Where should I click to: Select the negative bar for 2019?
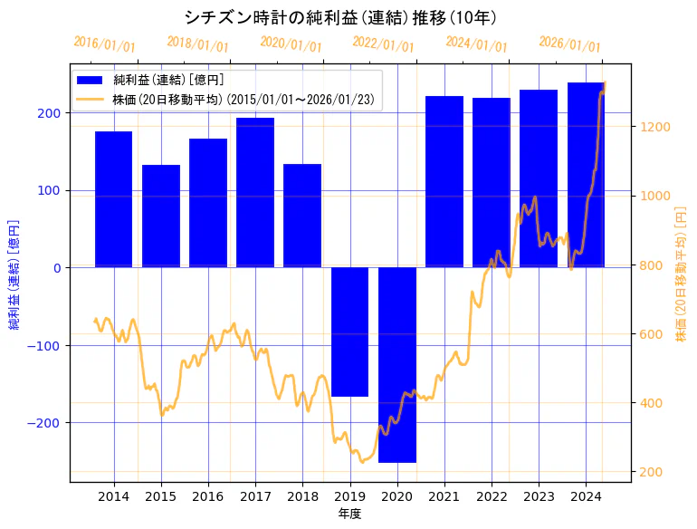[x=349, y=332]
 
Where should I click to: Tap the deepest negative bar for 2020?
[x=396, y=364]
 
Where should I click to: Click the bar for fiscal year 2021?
[x=444, y=181]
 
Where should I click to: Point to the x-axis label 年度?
[x=349, y=513]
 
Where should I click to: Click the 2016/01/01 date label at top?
[x=104, y=44]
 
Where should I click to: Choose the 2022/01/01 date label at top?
[x=383, y=44]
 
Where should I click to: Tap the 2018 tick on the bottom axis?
[x=302, y=495]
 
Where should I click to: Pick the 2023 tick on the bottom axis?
[x=539, y=495]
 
